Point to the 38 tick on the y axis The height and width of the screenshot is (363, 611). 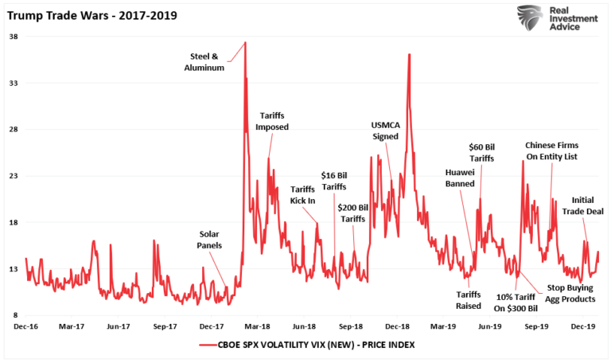14,37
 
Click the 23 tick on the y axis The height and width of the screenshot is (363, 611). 14,176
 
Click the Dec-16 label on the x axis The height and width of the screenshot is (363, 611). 25,326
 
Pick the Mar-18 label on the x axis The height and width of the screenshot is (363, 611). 258,326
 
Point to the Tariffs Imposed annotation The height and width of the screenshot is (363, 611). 272,121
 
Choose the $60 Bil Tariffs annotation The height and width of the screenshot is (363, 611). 481,153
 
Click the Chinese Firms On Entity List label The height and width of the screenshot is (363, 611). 551,151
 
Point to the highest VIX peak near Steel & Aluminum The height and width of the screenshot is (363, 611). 245,42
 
